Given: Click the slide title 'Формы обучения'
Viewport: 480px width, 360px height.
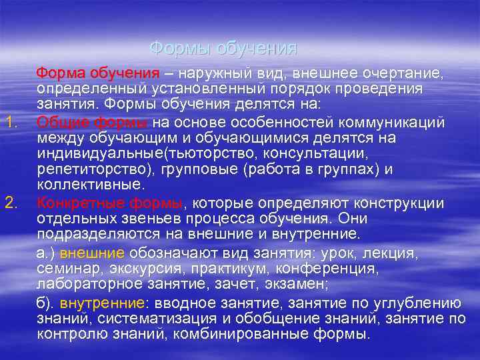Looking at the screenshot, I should coord(223,48).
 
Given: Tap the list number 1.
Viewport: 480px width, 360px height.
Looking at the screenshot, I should coord(10,121).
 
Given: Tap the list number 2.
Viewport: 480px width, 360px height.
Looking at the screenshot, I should coord(10,201).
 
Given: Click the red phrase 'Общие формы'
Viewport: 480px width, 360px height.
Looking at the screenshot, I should coord(93,121).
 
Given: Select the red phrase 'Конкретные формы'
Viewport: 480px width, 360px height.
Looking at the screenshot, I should coord(110,201).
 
